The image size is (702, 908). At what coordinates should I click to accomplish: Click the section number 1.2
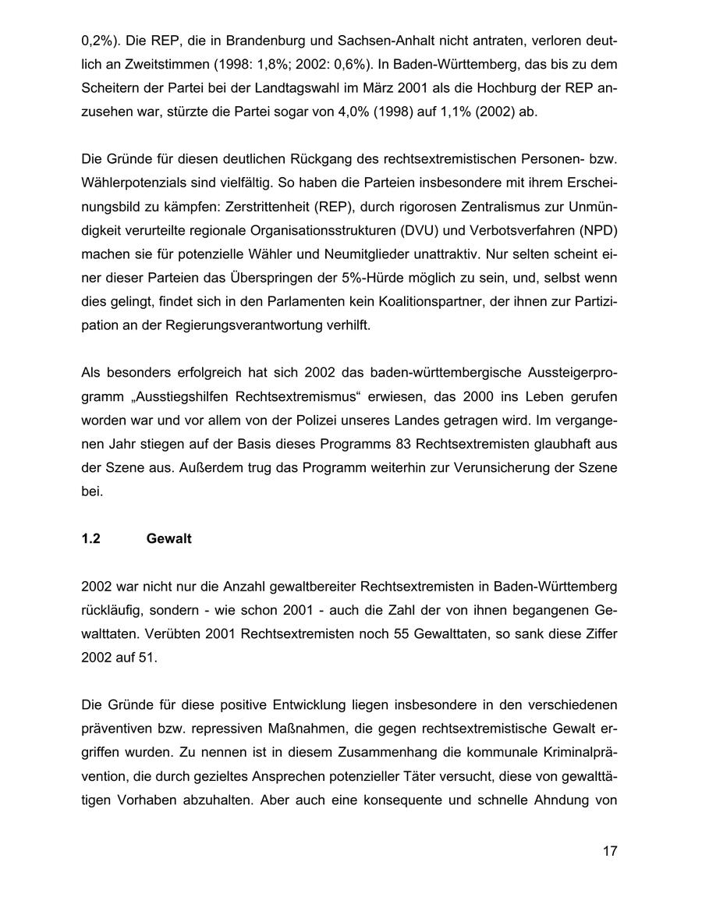pyautogui.click(x=91, y=539)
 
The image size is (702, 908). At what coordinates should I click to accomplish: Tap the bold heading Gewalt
pyautogui.click(x=168, y=539)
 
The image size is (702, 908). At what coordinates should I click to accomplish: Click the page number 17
pyautogui.click(x=609, y=851)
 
